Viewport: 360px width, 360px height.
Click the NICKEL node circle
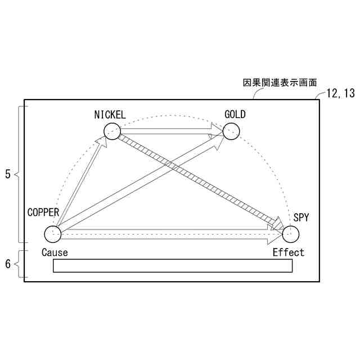tap(112, 131)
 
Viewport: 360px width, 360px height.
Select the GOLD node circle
tap(231, 131)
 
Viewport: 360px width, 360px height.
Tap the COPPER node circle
tap(52, 233)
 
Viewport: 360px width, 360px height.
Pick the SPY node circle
tap(291, 233)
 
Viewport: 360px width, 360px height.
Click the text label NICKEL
tap(110, 115)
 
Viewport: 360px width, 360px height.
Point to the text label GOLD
tap(235, 115)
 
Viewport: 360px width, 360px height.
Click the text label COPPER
tap(43, 212)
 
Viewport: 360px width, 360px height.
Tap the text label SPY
tap(301, 217)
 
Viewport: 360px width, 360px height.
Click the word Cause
tap(55, 252)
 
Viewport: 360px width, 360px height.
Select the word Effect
tap(288, 252)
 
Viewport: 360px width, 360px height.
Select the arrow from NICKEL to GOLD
tap(169, 133)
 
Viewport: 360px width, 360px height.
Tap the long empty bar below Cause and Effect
tap(173, 265)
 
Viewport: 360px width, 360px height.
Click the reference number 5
tap(7, 174)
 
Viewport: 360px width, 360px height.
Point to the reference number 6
tap(7, 263)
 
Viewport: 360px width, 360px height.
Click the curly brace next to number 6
tap(19, 264)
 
